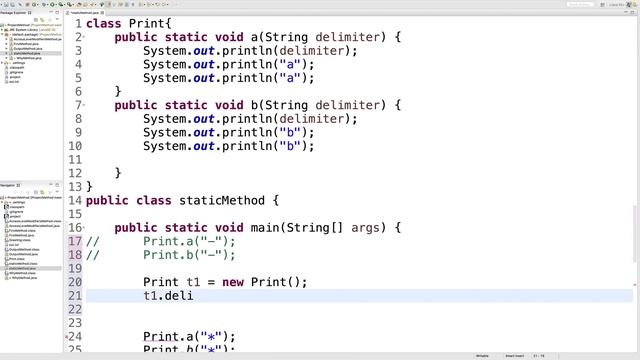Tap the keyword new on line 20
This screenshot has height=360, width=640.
coord(232,282)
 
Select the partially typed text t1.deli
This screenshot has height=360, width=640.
coord(167,296)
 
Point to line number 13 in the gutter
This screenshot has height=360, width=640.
coord(76,200)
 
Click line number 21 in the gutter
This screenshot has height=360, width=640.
coord(76,296)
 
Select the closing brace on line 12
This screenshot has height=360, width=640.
coord(90,186)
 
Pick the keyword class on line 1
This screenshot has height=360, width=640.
coord(105,22)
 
